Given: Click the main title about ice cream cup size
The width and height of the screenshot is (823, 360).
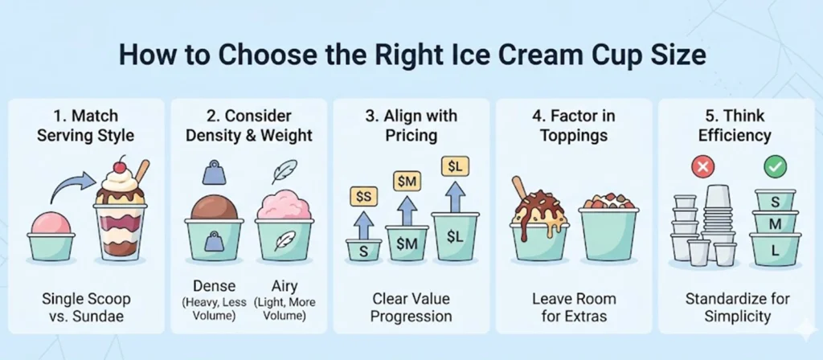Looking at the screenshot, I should point(411,58).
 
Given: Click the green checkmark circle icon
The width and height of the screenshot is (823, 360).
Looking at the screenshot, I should point(775,167).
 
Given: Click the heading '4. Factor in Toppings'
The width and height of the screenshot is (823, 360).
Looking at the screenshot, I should point(574,125).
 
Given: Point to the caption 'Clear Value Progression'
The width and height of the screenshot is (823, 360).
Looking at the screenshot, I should point(411,307).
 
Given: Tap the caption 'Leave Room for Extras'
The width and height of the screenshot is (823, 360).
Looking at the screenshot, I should point(574,307).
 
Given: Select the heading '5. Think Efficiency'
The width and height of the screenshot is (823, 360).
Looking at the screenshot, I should point(736,125).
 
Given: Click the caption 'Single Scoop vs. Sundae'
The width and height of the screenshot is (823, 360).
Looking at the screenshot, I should point(86,307).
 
